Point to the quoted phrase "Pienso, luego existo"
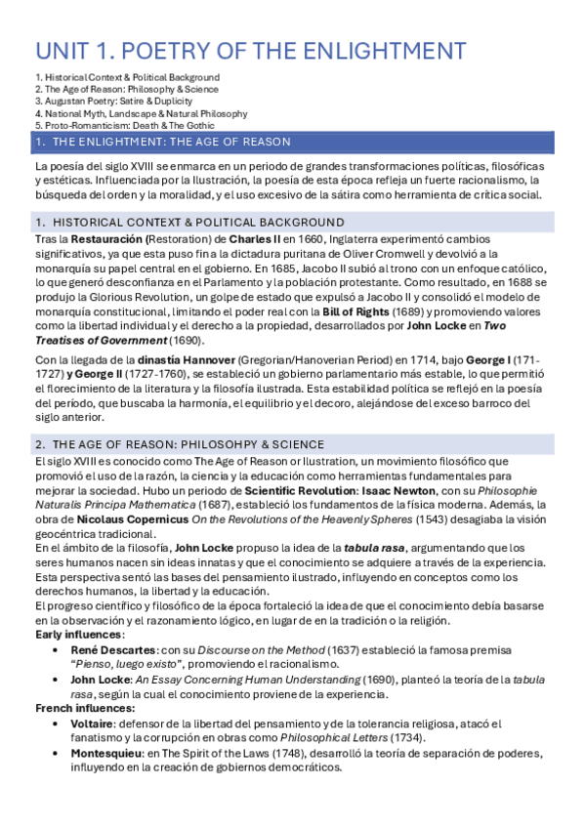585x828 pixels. (x=128, y=664)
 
